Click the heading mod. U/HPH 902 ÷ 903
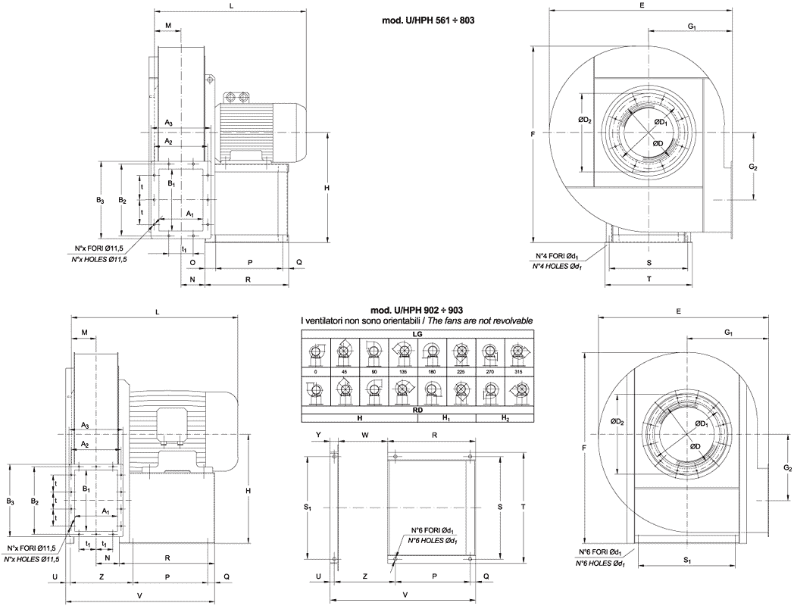point(417,311)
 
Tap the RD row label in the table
point(417,410)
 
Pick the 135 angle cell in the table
point(402,371)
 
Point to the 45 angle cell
point(345,371)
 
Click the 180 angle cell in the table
point(431,371)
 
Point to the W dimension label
point(365,436)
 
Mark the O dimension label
point(192,262)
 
